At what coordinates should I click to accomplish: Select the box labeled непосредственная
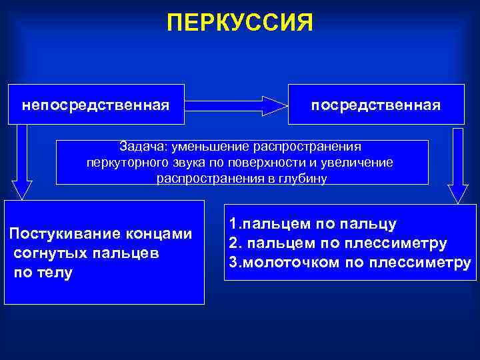[x=95, y=105]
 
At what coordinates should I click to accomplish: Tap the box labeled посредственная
[x=376, y=105]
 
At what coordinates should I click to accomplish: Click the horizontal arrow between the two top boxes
[x=235, y=105]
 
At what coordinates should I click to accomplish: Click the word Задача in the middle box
[x=143, y=146]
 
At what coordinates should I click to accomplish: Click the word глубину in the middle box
[x=302, y=179]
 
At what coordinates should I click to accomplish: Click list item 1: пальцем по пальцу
[x=313, y=224]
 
